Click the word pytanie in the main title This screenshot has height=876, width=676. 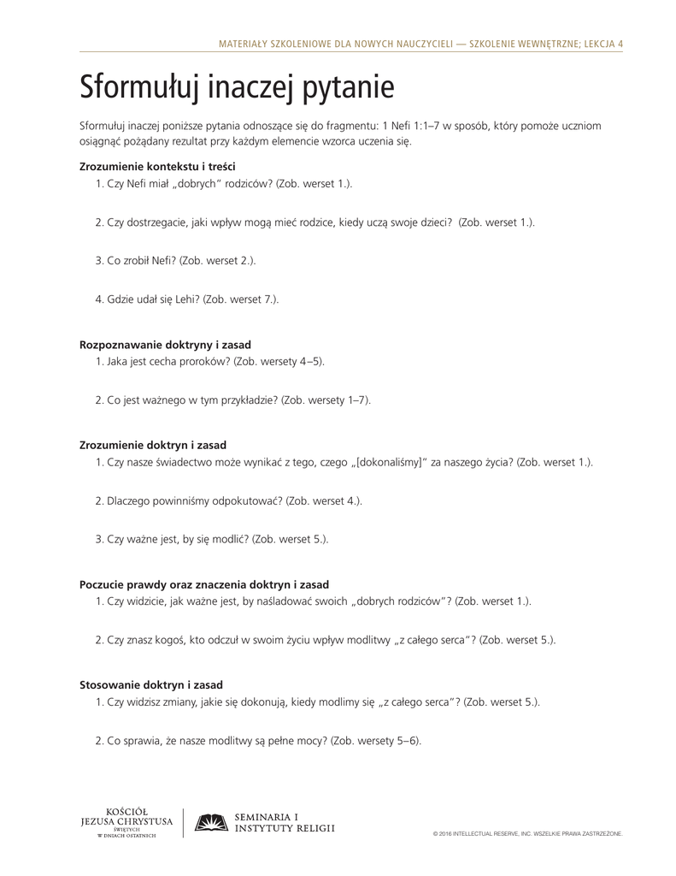[347, 89]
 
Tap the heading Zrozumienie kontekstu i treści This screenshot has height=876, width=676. [157, 166]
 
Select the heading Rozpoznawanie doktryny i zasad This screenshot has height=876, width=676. [165, 344]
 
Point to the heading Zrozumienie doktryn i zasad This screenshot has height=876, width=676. [153, 445]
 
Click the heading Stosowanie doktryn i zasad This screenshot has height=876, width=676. [151, 684]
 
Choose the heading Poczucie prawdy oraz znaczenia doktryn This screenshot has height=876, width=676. [203, 584]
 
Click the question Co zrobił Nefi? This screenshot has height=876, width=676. [141, 260]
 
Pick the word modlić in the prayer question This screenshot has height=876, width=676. [226, 539]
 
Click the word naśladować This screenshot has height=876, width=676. [296, 601]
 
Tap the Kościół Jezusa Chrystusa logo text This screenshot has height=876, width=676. [126, 823]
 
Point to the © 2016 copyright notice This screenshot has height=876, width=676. [527, 832]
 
